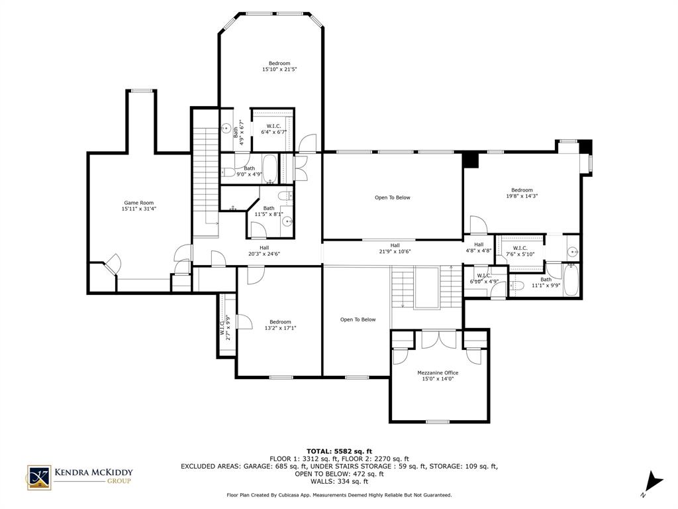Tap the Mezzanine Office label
437,372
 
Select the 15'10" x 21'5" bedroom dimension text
279,69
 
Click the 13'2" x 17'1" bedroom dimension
279,328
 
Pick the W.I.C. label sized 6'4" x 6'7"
273,129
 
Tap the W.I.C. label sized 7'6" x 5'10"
519,251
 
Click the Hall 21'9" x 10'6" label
395,249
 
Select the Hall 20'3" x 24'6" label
264,251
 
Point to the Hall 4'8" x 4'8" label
478,247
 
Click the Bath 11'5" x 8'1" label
268,211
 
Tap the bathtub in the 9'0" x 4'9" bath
269,166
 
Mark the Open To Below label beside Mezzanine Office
358,319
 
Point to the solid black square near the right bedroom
469,160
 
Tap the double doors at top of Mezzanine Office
439,338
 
